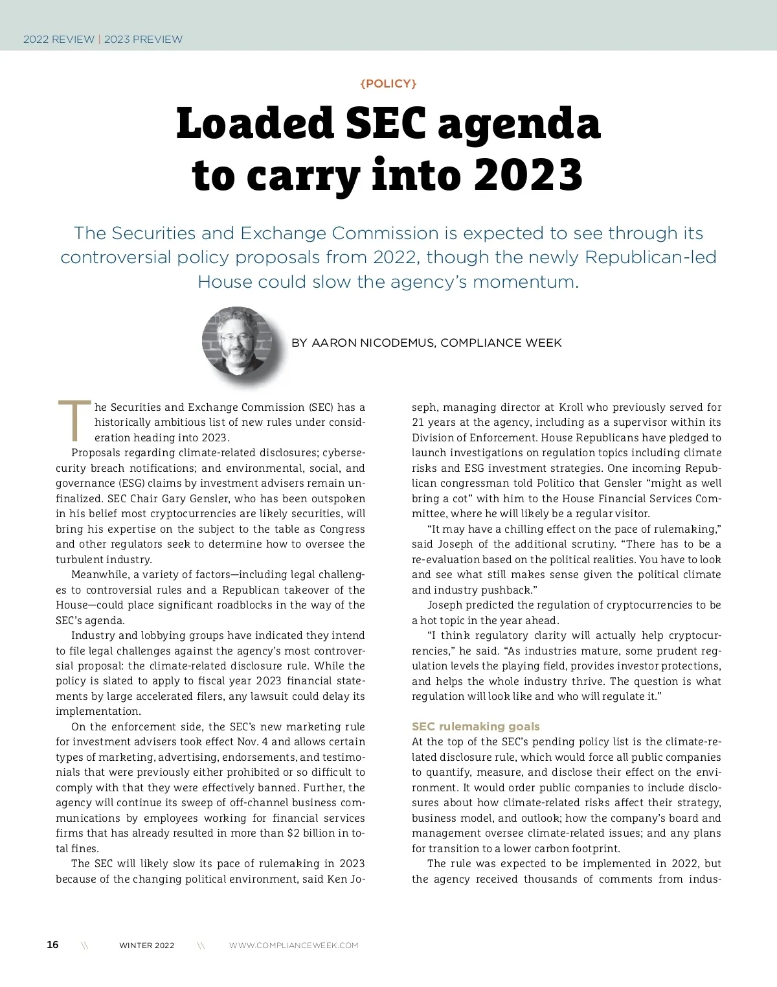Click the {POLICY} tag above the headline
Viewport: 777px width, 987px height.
tap(388, 84)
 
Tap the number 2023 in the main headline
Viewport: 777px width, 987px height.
tap(528, 175)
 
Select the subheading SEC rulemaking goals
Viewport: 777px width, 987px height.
tap(475, 726)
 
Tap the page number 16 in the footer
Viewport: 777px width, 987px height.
tap(52, 944)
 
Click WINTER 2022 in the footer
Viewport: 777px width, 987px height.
tap(146, 945)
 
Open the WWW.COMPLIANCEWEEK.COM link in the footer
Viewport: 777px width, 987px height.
tap(293, 945)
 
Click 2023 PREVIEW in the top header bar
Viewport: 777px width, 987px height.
tap(143, 39)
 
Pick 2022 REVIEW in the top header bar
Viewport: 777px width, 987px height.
tap(59, 39)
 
